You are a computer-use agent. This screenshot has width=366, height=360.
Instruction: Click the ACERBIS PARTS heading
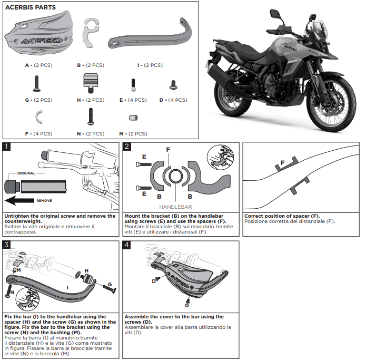pos(31,8)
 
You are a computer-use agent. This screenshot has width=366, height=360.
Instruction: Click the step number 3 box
pos(6,245)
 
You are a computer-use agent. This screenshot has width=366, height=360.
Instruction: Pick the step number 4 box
pos(127,245)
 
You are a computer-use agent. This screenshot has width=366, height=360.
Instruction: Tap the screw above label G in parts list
pos(37,82)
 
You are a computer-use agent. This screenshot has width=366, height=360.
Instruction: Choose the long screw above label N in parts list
pos(91,116)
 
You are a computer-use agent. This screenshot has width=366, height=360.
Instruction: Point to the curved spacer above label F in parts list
pos(38,116)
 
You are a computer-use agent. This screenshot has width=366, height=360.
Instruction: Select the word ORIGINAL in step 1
pos(26,173)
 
